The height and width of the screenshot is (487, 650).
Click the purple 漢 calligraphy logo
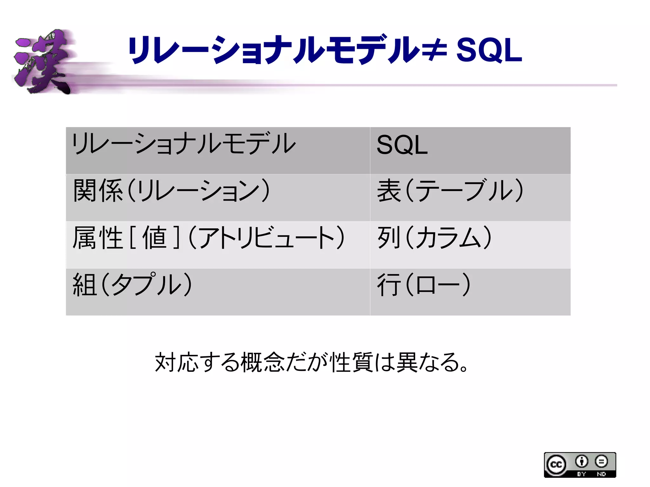point(43,62)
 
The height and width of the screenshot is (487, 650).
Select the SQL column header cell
point(470,150)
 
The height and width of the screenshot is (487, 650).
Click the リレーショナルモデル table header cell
point(218,150)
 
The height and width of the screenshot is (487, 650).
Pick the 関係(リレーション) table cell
point(218,197)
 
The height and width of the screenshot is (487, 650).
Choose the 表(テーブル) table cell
point(470,197)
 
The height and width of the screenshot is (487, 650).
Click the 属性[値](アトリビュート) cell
point(218,244)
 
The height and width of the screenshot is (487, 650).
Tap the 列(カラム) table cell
point(470,244)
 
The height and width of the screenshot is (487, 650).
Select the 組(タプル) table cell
point(218,292)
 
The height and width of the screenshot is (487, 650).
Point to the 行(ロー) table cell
point(470,292)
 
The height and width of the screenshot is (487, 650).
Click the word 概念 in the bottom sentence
point(263,362)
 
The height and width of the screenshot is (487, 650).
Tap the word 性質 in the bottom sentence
point(352,362)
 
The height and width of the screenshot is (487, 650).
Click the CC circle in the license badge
point(556,464)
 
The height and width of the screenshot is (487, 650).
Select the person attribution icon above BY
point(581,461)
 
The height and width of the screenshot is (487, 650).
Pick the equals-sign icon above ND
point(601,461)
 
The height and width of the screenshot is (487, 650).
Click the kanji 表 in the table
point(389,191)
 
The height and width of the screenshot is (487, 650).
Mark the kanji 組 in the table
point(84,285)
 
